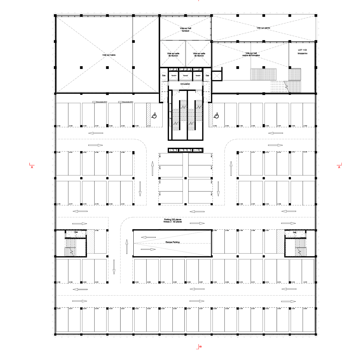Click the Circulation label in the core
click(x=185, y=84)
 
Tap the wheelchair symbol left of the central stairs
click(x=154, y=116)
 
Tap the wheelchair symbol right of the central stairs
click(x=217, y=116)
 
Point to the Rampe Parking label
click(x=172, y=243)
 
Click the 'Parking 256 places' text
click(x=172, y=220)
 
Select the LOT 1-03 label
click(x=302, y=50)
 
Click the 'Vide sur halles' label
click(x=109, y=55)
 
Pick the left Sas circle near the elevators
click(x=164, y=76)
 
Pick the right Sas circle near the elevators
click(x=207, y=76)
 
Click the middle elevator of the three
click(x=185, y=76)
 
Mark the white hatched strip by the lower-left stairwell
click(x=90, y=241)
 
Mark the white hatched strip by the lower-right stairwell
click(x=280, y=241)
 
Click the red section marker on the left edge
click(x=32, y=165)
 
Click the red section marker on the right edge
click(x=339, y=166)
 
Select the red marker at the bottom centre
click(x=199, y=347)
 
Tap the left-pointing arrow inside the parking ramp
click(x=148, y=237)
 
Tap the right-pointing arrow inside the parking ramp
click(x=148, y=249)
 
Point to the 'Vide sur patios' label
click(x=263, y=28)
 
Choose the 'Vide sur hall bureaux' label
click(x=185, y=29)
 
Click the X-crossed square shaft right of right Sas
click(x=217, y=76)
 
